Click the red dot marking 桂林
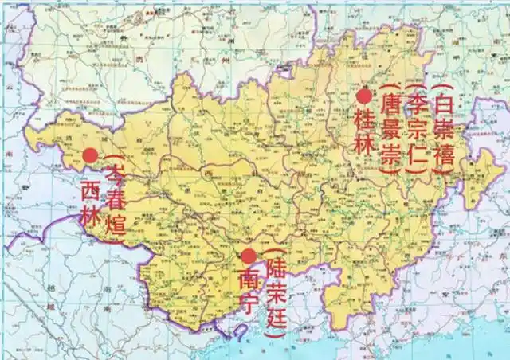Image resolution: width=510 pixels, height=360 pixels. (x=364, y=96)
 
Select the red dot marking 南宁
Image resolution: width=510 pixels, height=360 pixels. (x=249, y=256)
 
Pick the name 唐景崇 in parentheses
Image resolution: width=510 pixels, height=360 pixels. (x=390, y=132)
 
